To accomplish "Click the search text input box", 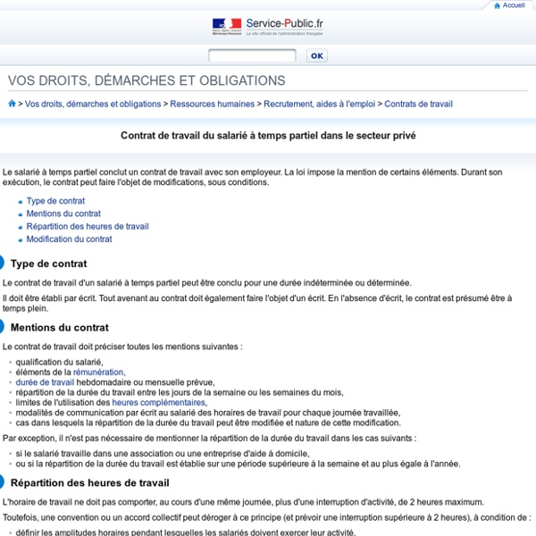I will tap(252, 55).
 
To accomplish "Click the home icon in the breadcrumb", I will tap(12, 104).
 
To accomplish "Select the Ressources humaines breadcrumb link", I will tap(212, 104).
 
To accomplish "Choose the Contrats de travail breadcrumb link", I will tap(418, 104).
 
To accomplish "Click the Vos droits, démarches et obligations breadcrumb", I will tap(93, 104).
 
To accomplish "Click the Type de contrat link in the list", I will tap(55, 201).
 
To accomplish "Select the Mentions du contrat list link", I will tap(63, 214).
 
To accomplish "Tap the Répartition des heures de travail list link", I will tap(88, 226).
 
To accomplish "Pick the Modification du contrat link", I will tap(69, 239).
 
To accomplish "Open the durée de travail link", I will tap(45, 381).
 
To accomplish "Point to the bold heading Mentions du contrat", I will tap(59, 328).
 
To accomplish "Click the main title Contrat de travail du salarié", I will tap(268, 137).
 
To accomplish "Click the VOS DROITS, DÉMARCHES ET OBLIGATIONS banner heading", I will tap(147, 80).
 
